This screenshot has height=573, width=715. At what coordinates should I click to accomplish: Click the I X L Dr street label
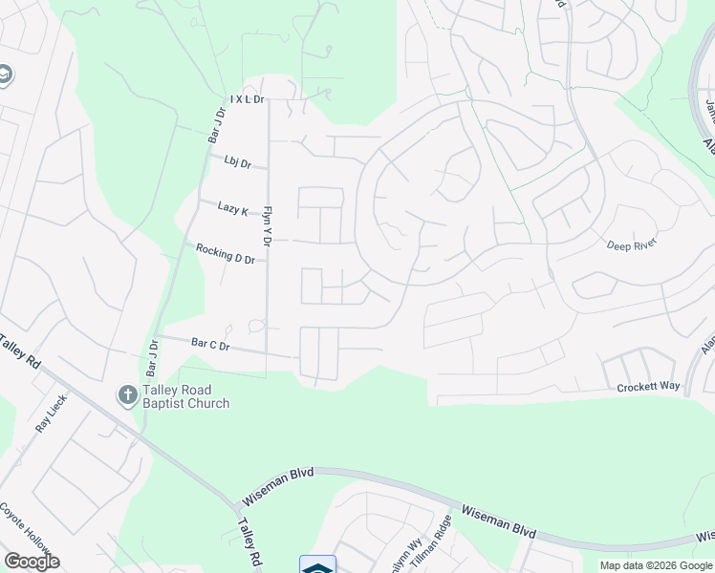pos(247,99)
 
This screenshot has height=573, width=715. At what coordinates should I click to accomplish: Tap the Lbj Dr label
pos(238,162)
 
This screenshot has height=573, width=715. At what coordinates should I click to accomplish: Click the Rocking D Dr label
pos(226,254)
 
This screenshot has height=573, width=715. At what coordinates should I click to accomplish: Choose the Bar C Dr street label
pos(210,344)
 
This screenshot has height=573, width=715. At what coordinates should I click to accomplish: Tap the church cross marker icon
pos(126,395)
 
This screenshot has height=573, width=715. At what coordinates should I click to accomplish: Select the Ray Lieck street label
pos(51,414)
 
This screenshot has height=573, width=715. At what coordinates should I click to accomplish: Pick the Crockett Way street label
pos(648,387)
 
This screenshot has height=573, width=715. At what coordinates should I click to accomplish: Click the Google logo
pos(32,561)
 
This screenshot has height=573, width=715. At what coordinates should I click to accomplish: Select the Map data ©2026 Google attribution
pos(656,565)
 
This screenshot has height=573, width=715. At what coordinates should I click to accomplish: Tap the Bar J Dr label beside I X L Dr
pos(217,125)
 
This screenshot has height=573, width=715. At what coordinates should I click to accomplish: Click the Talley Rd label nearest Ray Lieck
pos(19,351)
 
